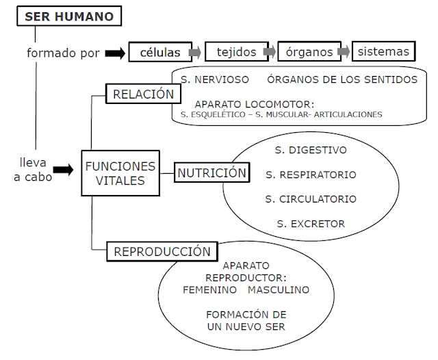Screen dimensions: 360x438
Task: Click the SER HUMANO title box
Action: coord(69,16)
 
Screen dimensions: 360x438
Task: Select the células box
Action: coord(160,51)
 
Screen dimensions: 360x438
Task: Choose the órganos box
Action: coord(309,51)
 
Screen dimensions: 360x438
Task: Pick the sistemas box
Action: coord(383,51)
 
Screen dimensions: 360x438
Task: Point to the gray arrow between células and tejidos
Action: coord(196,52)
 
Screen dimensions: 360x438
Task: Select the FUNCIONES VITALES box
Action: coord(120,174)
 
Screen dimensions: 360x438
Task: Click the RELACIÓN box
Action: coord(144,94)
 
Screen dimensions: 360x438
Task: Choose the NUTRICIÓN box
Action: coord(212,173)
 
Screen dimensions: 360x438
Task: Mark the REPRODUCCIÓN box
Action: coord(162,251)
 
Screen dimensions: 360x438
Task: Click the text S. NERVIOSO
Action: coord(215,79)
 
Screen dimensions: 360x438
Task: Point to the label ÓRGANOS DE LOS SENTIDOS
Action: coord(342,79)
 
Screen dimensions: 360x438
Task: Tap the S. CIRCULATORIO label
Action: coord(311,199)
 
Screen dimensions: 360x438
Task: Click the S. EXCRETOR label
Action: coord(311,224)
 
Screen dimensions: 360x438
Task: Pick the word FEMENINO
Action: coord(209,290)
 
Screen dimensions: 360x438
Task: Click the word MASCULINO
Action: coord(279,290)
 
